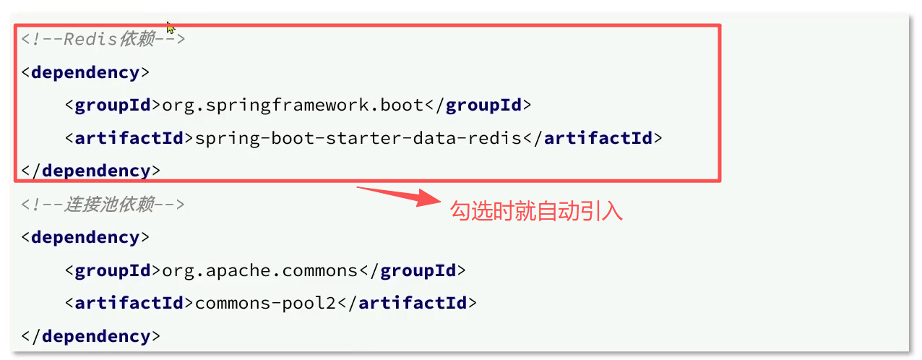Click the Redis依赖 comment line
(103, 39)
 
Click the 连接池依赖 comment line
(103, 205)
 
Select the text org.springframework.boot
(293, 105)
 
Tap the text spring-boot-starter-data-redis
(358, 137)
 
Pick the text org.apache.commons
(260, 270)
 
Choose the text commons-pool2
(266, 303)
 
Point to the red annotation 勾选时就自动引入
(536, 211)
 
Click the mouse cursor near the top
(171, 27)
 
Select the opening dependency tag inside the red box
(85, 72)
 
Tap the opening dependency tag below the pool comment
(85, 237)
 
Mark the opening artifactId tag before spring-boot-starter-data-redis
(129, 137)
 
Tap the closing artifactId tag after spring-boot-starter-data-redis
(593, 137)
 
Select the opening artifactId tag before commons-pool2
(129, 303)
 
